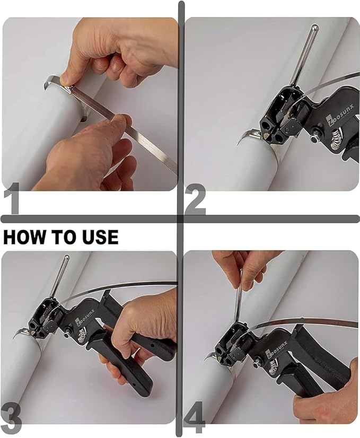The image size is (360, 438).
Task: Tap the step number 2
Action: pyautogui.click(x=195, y=200)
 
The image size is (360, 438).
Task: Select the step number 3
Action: pyautogui.click(x=12, y=419)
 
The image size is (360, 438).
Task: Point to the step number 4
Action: pyautogui.click(x=195, y=419)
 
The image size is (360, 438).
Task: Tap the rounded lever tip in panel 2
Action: pyautogui.click(x=314, y=27)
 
